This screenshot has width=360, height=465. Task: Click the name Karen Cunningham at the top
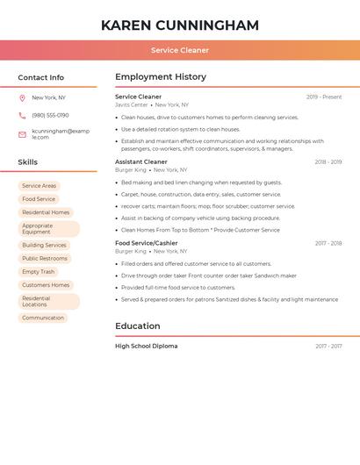pos(179,25)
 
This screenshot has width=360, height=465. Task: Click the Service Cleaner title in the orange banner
pos(179,51)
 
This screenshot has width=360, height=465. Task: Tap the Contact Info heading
pos(41,77)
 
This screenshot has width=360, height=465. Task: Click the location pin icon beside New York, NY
pos(22,97)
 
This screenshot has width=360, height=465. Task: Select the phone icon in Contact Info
pos(22,115)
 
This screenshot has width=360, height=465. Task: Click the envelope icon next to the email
pos(22,134)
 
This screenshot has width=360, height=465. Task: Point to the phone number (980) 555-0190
pos(50,115)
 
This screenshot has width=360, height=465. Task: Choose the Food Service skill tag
pos(39,199)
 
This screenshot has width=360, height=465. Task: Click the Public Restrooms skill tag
pos(45,259)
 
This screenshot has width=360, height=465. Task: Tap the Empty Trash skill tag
pos(38,272)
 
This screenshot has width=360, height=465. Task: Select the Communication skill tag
pos(43,318)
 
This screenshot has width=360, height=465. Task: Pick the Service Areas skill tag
pos(39,186)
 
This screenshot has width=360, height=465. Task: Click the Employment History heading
pos(161,77)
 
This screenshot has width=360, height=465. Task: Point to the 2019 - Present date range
pos(324,97)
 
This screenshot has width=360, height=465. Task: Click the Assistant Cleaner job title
pos(141,161)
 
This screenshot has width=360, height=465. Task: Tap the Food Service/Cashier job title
pos(147,243)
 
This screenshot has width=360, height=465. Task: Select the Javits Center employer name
pos(132,104)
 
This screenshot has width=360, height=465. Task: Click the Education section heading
pos(138,326)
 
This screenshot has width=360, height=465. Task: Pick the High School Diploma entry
pos(147,346)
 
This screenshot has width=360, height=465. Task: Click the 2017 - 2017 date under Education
pos(328,346)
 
